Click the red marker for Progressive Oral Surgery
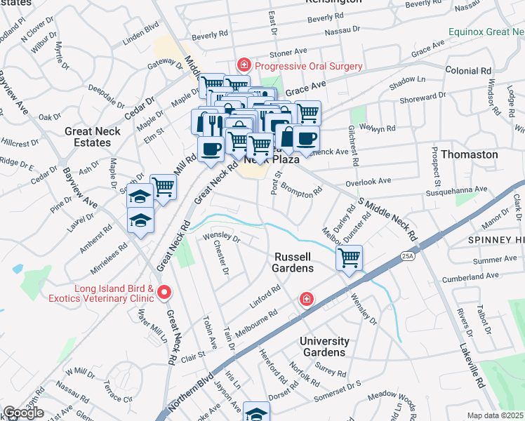[244, 66]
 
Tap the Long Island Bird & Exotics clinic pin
[165, 292]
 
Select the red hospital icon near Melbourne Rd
[306, 300]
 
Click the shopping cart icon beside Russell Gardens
[349, 258]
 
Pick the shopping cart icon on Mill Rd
[163, 187]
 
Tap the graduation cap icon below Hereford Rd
[256, 413]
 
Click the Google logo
[23, 413]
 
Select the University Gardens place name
[324, 347]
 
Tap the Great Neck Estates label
[92, 137]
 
